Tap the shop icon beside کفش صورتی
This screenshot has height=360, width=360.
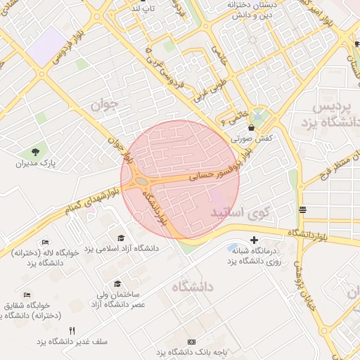[252, 127]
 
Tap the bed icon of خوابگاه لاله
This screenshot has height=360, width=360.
[46, 242]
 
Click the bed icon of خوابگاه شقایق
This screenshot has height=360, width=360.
[27, 295]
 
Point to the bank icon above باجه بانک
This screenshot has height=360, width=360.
[191, 342]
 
